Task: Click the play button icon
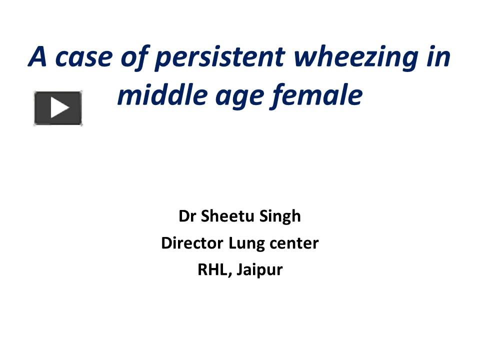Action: pyautogui.click(x=58, y=108)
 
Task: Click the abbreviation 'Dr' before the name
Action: pyautogui.click(x=186, y=216)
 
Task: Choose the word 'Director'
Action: pyautogui.click(x=192, y=243)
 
